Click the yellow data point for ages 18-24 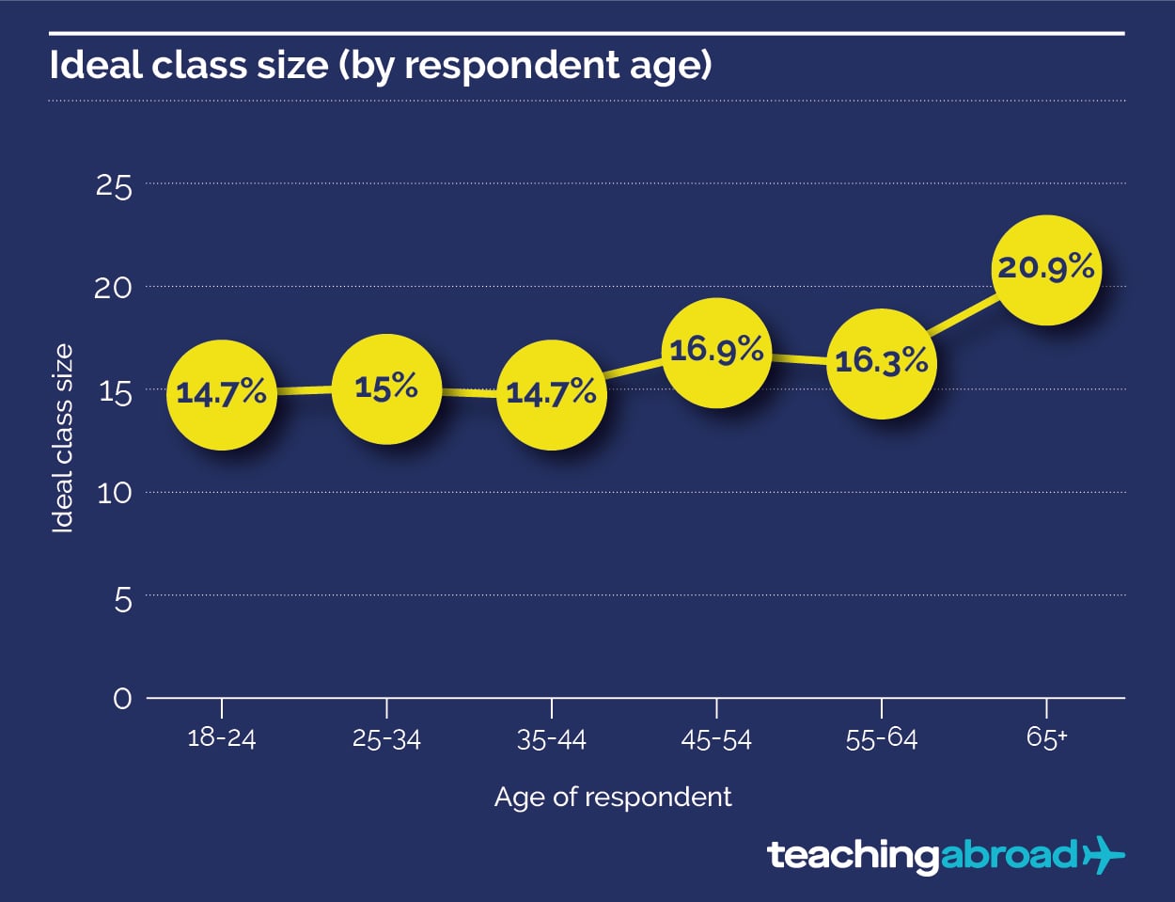pyautogui.click(x=222, y=394)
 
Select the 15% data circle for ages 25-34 pyautogui.click(x=386, y=388)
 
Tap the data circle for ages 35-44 pyautogui.click(x=552, y=394)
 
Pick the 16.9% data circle pyautogui.click(x=716, y=353)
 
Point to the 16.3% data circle pyautogui.click(x=882, y=363)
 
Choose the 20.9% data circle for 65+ pyautogui.click(x=1046, y=270)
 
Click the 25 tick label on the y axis pyautogui.click(x=114, y=186)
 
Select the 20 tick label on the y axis pyautogui.click(x=114, y=288)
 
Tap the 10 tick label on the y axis pyautogui.click(x=114, y=493)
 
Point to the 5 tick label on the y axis pyautogui.click(x=123, y=599)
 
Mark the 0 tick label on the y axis pyautogui.click(x=123, y=699)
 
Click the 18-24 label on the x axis pyautogui.click(x=222, y=737)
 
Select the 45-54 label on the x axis pyautogui.click(x=716, y=740)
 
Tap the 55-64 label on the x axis pyautogui.click(x=882, y=739)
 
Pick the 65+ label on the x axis pyautogui.click(x=1046, y=737)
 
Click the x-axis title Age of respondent pyautogui.click(x=613, y=798)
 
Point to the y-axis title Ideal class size pyautogui.click(x=62, y=438)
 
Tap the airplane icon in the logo pyautogui.click(x=1104, y=855)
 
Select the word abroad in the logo pyautogui.click(x=1008, y=855)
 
